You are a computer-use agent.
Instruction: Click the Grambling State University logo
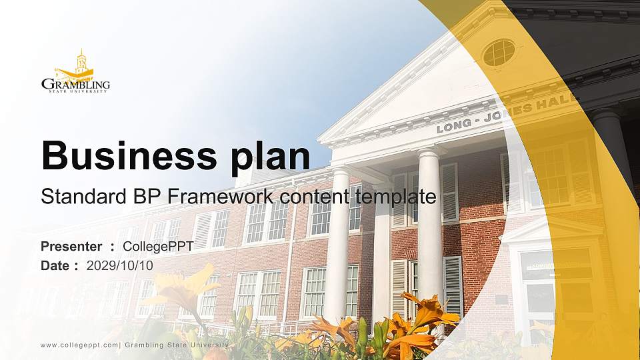tap(75, 71)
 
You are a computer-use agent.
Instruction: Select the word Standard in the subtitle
tap(74, 197)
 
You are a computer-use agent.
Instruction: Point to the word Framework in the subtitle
tap(220, 197)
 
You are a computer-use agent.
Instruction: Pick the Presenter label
tap(71, 247)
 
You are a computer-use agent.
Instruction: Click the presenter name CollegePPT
tap(158, 247)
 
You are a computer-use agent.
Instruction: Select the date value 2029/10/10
tap(120, 265)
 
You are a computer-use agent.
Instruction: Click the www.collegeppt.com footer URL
tap(79, 345)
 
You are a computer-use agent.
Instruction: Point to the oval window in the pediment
tap(499, 53)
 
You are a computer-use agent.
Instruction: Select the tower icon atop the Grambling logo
tap(81, 62)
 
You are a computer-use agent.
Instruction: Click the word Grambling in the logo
tap(75, 84)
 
